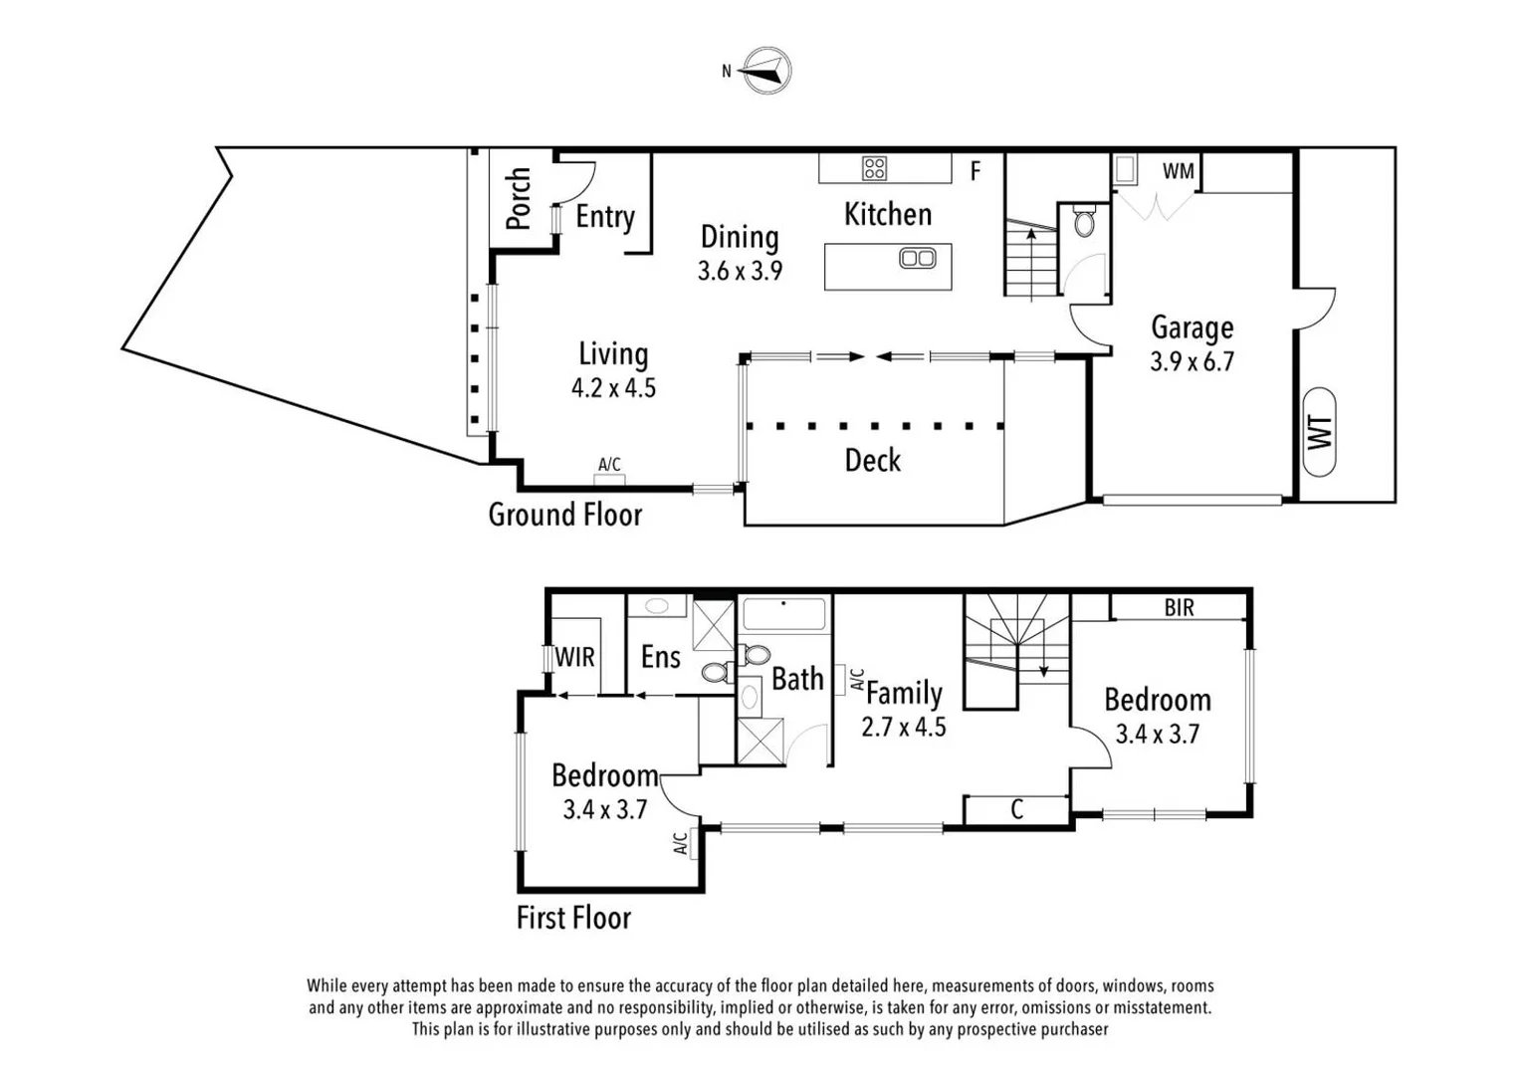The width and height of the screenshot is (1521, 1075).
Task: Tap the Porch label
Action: coord(518,198)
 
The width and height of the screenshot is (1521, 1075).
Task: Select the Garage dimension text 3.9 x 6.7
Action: coord(1192,361)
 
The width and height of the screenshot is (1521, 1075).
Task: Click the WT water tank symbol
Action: coord(1319,432)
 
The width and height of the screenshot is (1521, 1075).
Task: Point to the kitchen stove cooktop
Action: coord(874,168)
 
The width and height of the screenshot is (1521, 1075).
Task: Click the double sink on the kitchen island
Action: coord(917,259)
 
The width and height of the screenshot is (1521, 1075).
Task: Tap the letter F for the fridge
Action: coord(976,171)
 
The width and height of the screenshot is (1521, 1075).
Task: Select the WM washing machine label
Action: coord(1179,171)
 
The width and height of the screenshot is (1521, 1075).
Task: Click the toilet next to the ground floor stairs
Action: coord(1085,221)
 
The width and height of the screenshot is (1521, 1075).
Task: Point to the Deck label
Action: coord(872,460)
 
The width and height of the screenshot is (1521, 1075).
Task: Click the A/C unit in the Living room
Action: coord(609,478)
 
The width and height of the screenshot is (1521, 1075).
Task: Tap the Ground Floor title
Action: coord(564,515)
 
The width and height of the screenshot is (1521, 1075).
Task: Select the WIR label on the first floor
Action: coord(574,657)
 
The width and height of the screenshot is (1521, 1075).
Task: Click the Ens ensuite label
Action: coord(660,657)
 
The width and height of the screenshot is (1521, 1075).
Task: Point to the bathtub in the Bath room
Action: coord(784,613)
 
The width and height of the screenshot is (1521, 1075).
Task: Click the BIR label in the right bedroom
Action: coord(1179,607)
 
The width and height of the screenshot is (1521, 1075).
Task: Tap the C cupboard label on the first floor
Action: coord(1016,809)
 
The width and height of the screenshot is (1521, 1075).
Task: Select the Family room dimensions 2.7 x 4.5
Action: coord(903,728)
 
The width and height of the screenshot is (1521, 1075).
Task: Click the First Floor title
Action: coord(573,917)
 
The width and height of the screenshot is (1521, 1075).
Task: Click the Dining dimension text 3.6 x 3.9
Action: coord(740,271)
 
